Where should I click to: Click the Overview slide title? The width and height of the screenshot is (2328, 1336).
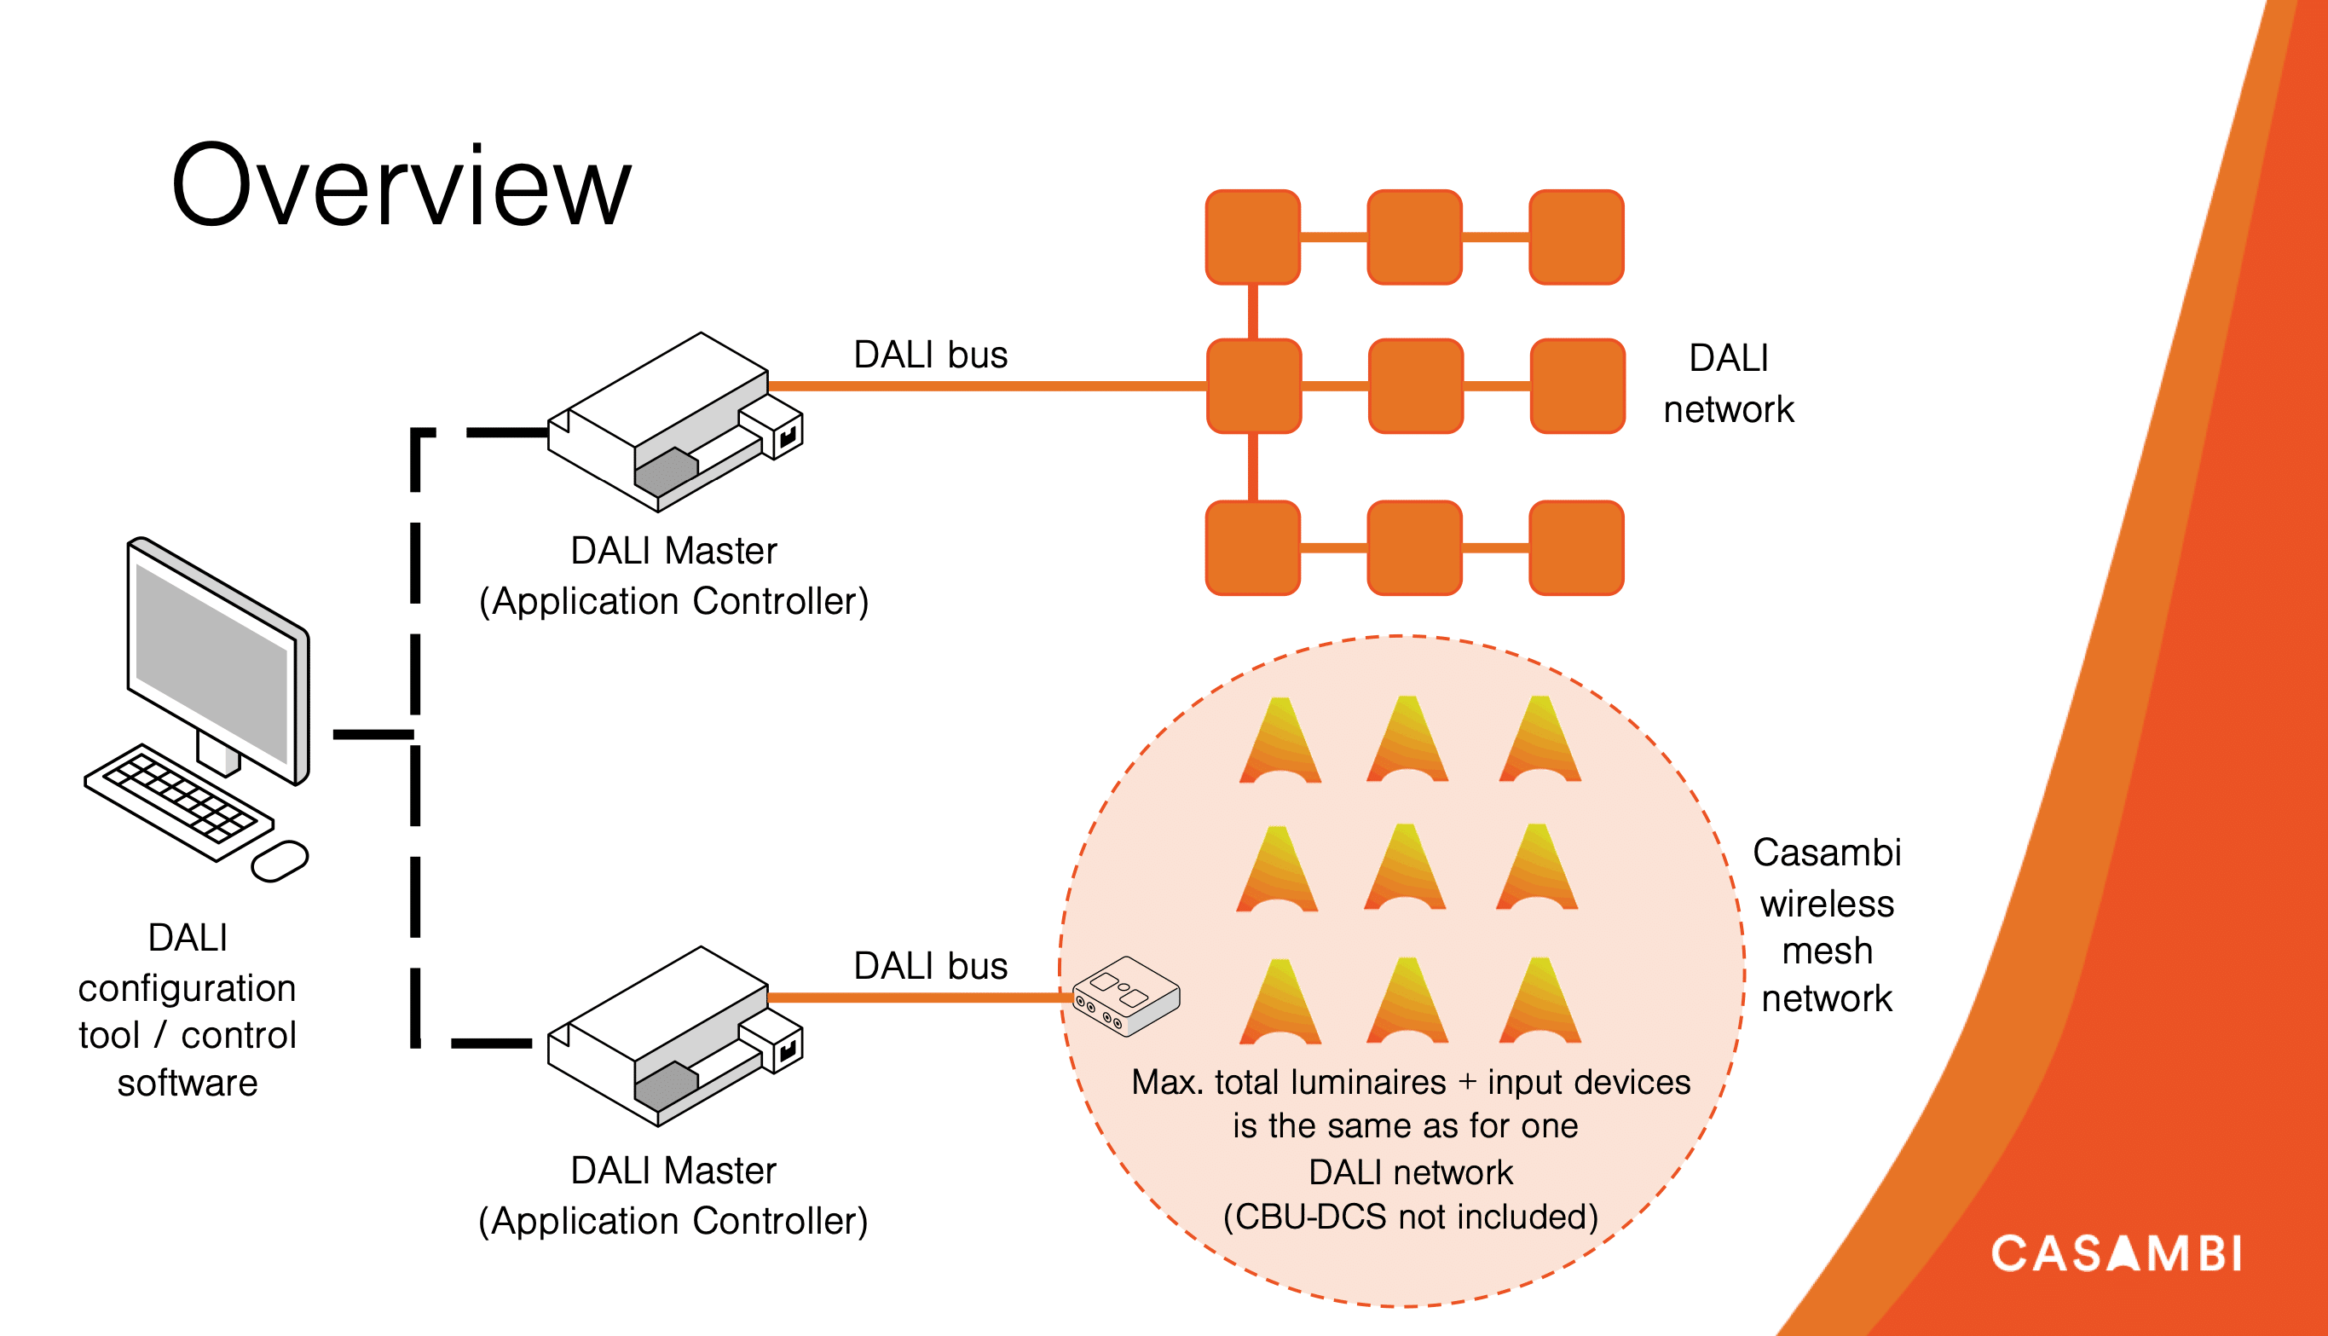pyautogui.click(x=401, y=184)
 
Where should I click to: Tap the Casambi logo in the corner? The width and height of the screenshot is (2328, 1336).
pyautogui.click(x=2116, y=1253)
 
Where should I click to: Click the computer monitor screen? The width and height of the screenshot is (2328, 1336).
pyautogui.click(x=212, y=662)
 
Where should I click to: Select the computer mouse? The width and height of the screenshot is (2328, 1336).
pyautogui.click(x=280, y=861)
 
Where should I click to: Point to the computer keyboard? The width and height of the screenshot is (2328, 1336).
pyautogui.click(x=179, y=801)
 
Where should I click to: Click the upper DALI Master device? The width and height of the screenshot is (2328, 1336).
pyautogui.click(x=675, y=422)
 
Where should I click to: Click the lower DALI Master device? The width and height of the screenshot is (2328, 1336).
pyautogui.click(x=675, y=1036)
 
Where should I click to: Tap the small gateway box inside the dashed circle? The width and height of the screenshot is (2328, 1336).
pyautogui.click(x=1126, y=997)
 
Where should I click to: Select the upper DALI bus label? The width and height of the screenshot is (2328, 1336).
pyautogui.click(x=930, y=354)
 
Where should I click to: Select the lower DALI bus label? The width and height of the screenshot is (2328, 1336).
pyautogui.click(x=930, y=966)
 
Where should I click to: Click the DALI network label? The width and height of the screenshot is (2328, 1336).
pyautogui.click(x=1728, y=384)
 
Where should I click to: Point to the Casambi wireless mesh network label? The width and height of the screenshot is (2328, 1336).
pyautogui.click(x=1826, y=925)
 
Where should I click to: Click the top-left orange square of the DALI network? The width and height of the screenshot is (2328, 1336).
pyautogui.click(x=1253, y=237)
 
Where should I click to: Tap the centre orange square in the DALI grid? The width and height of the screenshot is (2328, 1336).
pyautogui.click(x=1415, y=385)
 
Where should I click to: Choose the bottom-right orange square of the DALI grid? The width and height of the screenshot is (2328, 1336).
pyautogui.click(x=1577, y=548)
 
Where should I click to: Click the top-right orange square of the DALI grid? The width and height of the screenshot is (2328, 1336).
pyautogui.click(x=1577, y=237)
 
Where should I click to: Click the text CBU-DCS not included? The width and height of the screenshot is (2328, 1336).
pyautogui.click(x=1411, y=1217)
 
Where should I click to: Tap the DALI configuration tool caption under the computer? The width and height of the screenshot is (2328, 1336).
pyautogui.click(x=188, y=1009)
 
